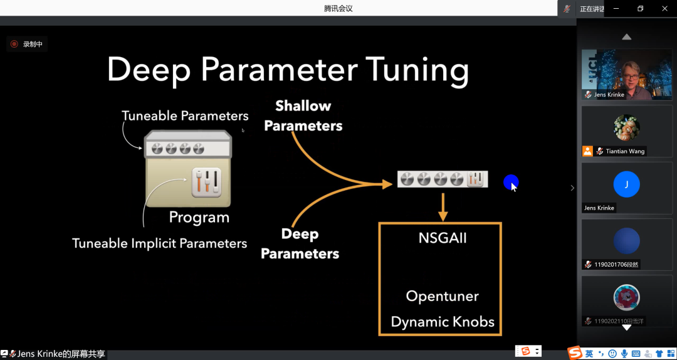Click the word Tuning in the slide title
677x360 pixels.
pyautogui.click(x=417, y=70)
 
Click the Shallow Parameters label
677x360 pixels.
pyautogui.click(x=303, y=115)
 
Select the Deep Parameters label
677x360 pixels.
pyautogui.click(x=300, y=244)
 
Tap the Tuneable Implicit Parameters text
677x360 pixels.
pyautogui.click(x=159, y=243)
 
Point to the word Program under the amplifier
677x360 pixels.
pyautogui.click(x=199, y=218)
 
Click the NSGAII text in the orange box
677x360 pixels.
pyautogui.click(x=443, y=238)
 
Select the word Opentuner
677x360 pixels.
pyautogui.click(x=442, y=296)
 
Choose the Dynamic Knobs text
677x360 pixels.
pyautogui.click(x=443, y=322)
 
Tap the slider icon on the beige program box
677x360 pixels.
pyautogui.click(x=207, y=183)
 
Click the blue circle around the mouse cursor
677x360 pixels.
pyautogui.click(x=511, y=183)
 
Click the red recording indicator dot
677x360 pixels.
pyautogui.click(x=14, y=44)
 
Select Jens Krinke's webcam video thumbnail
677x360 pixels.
pyautogui.click(x=627, y=74)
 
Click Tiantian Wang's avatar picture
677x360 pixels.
pyautogui.click(x=627, y=128)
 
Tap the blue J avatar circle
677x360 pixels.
pyautogui.click(x=627, y=184)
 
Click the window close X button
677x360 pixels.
pyautogui.click(x=665, y=8)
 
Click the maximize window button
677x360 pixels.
pyautogui.click(x=640, y=8)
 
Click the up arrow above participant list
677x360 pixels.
pyautogui.click(x=627, y=37)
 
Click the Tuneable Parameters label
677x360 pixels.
pyautogui.click(x=185, y=116)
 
